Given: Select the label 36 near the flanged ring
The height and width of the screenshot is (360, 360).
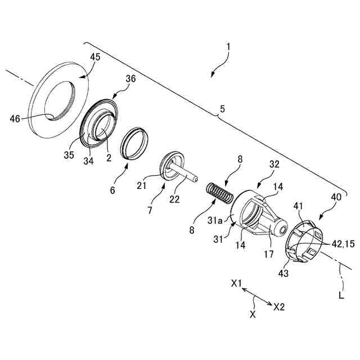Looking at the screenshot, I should pos(130,80).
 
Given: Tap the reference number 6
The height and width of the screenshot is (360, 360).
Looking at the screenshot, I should pos(112,191).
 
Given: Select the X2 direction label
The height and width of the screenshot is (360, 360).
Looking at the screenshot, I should pos(279,308).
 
